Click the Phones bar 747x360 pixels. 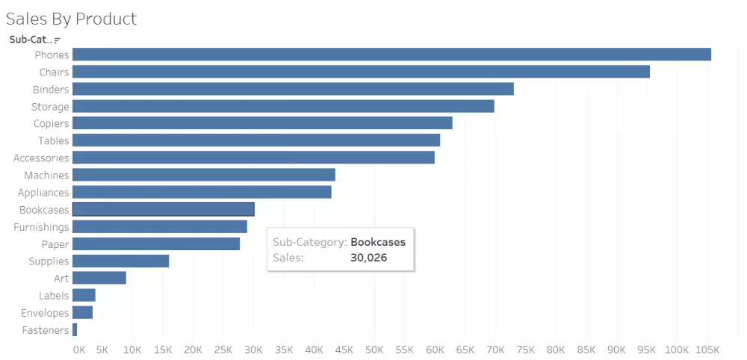(391, 55)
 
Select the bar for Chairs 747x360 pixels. (361, 72)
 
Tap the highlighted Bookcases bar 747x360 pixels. (163, 210)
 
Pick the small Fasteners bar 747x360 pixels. (75, 330)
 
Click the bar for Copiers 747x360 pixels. (262, 123)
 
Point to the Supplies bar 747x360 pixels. (120, 261)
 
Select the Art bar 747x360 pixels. (99, 279)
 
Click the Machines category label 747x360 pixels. (46, 176)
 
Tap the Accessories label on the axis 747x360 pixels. (41, 158)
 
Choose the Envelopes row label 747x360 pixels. (45, 314)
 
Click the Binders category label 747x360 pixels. (51, 90)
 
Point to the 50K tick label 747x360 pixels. (374, 350)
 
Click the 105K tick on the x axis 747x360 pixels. (707, 350)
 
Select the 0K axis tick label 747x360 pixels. (79, 350)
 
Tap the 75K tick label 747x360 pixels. (525, 350)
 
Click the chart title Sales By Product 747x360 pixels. (72, 18)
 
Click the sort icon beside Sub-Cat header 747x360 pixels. (58, 40)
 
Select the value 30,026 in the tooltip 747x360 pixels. (369, 258)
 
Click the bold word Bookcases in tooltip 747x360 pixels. (378, 242)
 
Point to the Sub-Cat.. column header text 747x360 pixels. (31, 40)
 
